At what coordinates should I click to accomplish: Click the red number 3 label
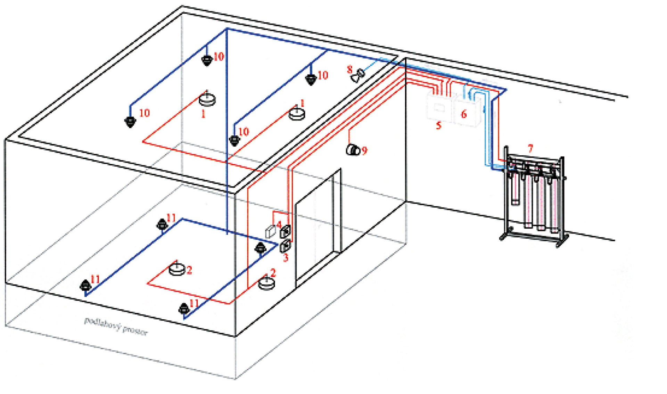pyautogui.click(x=286, y=257)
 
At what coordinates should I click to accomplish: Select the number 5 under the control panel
pyautogui.click(x=438, y=125)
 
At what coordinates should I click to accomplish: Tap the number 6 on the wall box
pyautogui.click(x=463, y=114)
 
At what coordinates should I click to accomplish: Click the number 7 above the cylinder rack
pyautogui.click(x=530, y=149)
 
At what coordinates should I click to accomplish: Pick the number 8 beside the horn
pyautogui.click(x=349, y=69)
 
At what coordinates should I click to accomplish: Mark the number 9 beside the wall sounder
pyautogui.click(x=364, y=150)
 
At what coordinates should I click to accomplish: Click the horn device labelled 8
pyautogui.click(x=358, y=75)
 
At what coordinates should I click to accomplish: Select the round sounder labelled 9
pyautogui.click(x=353, y=150)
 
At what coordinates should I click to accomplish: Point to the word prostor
pyautogui.click(x=135, y=330)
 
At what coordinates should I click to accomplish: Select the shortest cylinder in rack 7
pyautogui.click(x=515, y=188)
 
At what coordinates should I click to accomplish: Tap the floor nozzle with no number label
pyautogui.click(x=260, y=248)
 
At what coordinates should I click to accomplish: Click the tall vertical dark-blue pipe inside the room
pyautogui.click(x=227, y=132)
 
